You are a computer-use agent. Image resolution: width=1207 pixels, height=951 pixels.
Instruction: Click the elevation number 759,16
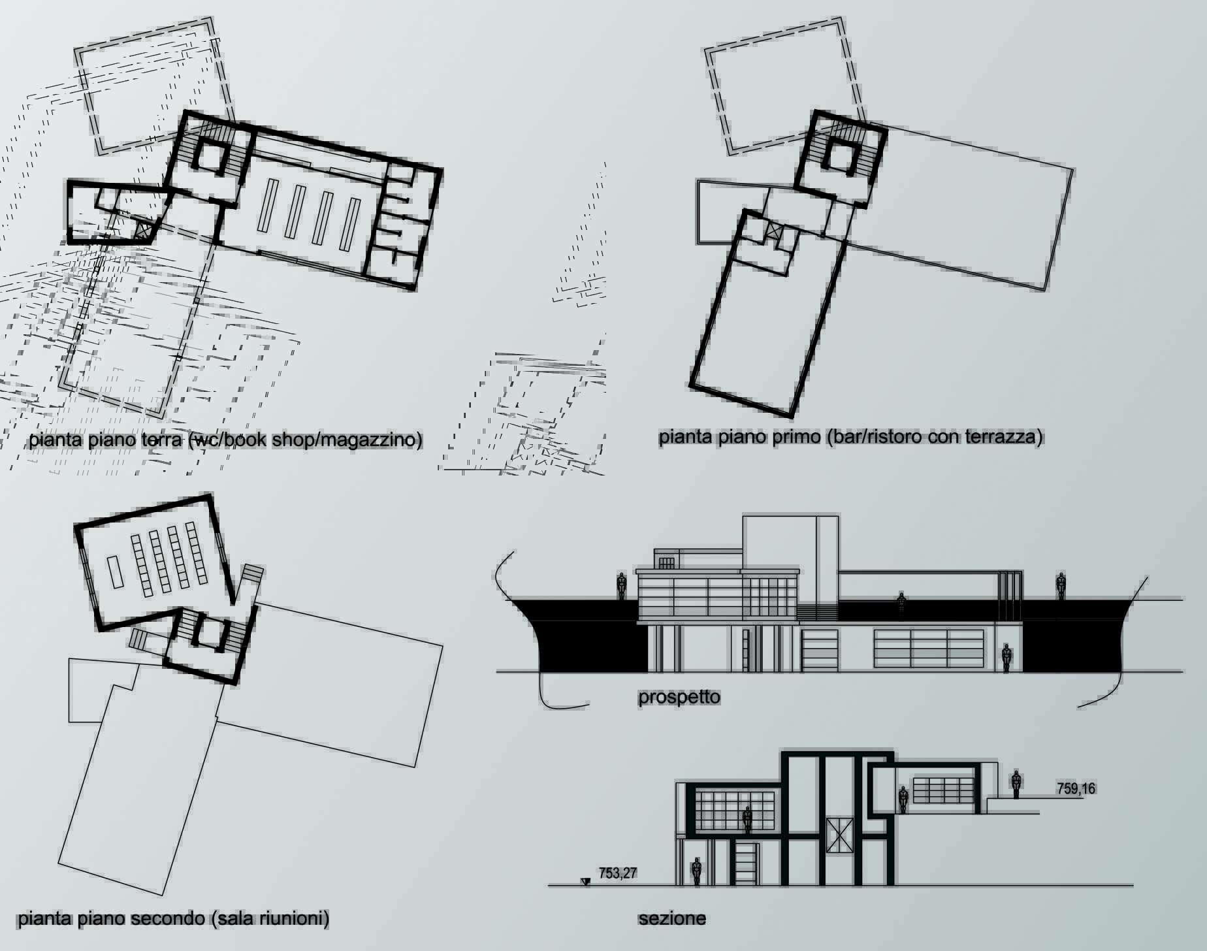coord(1076,788)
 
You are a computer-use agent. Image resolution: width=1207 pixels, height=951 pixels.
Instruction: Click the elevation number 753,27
coord(617,873)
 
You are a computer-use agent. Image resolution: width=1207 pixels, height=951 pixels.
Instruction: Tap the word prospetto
coord(679,697)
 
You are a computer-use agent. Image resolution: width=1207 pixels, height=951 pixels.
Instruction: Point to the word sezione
coord(672,918)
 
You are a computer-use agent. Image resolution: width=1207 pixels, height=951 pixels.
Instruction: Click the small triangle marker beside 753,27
coord(586,882)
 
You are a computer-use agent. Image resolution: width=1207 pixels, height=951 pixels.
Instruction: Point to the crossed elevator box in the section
coord(839,835)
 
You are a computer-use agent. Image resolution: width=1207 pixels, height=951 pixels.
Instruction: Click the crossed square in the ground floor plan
coord(142,229)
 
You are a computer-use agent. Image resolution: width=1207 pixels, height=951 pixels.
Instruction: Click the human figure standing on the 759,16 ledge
coord(1016,784)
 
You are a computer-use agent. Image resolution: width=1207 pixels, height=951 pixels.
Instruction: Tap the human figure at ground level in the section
coord(697,871)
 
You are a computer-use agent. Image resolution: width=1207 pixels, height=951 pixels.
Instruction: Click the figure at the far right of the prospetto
coord(1061,586)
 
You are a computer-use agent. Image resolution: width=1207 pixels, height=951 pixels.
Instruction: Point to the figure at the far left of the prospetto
coord(622,586)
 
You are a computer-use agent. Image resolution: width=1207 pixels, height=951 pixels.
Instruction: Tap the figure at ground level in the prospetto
coord(1006,658)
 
